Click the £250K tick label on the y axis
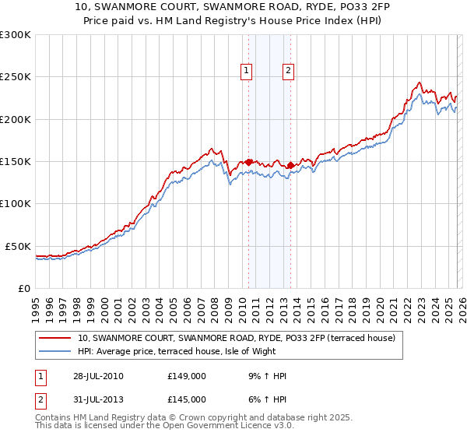click(x=16, y=77)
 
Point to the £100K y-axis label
click(x=16, y=204)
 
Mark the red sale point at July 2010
click(x=249, y=162)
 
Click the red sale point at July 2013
click(x=290, y=165)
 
